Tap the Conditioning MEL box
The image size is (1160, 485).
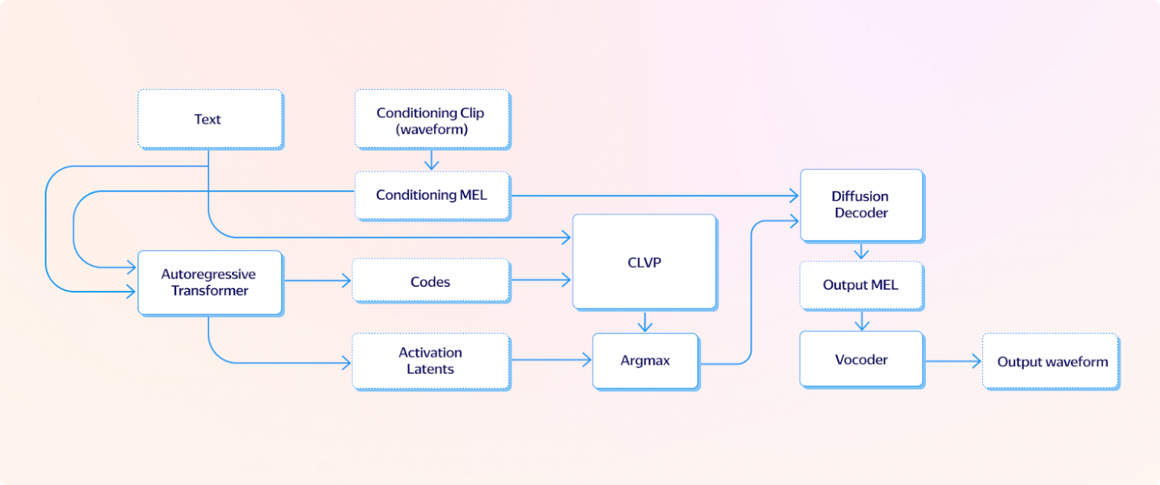click(x=432, y=195)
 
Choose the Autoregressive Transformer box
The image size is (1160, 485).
click(x=210, y=282)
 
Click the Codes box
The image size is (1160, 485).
click(x=431, y=281)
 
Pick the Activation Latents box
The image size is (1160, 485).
click(x=431, y=360)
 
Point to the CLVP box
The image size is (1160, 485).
click(x=644, y=261)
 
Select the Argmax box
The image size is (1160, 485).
click(x=645, y=360)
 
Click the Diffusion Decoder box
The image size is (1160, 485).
click(x=861, y=205)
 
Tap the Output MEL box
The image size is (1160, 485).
click(x=861, y=285)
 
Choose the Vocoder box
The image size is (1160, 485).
click(x=861, y=359)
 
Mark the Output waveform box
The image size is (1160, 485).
click(x=1051, y=362)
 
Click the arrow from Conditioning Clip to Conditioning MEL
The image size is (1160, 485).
click(x=431, y=159)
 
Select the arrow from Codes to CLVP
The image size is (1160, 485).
click(x=541, y=281)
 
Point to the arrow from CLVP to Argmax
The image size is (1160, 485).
click(x=645, y=321)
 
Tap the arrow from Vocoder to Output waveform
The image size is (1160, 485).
click(x=953, y=362)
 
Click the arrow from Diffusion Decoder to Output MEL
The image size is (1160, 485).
click(x=861, y=251)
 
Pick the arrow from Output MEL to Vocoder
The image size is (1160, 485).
click(x=861, y=320)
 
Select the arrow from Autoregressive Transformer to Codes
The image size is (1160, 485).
click(x=317, y=281)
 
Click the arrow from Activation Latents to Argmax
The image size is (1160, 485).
click(x=551, y=360)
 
